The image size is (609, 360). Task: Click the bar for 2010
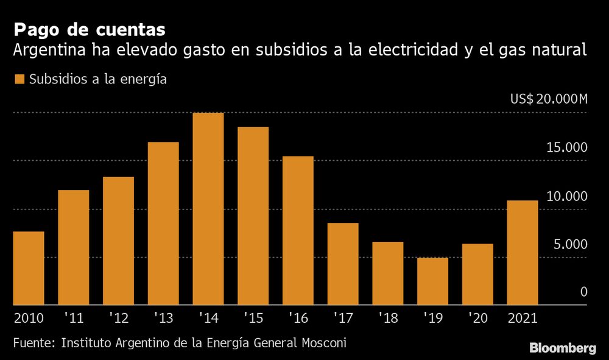click(x=29, y=268)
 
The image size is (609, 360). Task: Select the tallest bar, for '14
click(x=208, y=209)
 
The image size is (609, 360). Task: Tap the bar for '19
click(x=433, y=281)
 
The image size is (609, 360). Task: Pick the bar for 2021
click(x=523, y=253)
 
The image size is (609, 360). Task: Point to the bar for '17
click(x=343, y=264)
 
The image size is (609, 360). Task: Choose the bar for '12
click(x=118, y=241)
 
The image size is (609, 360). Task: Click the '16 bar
click(x=298, y=230)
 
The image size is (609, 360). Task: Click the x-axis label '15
click(x=253, y=317)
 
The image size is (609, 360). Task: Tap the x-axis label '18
click(x=388, y=317)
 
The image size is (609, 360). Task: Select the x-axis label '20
click(x=477, y=317)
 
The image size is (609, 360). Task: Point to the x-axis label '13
click(x=163, y=317)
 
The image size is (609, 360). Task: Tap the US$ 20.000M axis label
click(x=549, y=100)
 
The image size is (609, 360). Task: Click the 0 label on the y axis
click(x=583, y=292)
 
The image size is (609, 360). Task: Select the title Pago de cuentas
click(x=90, y=30)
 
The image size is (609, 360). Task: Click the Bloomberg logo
click(x=562, y=348)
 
